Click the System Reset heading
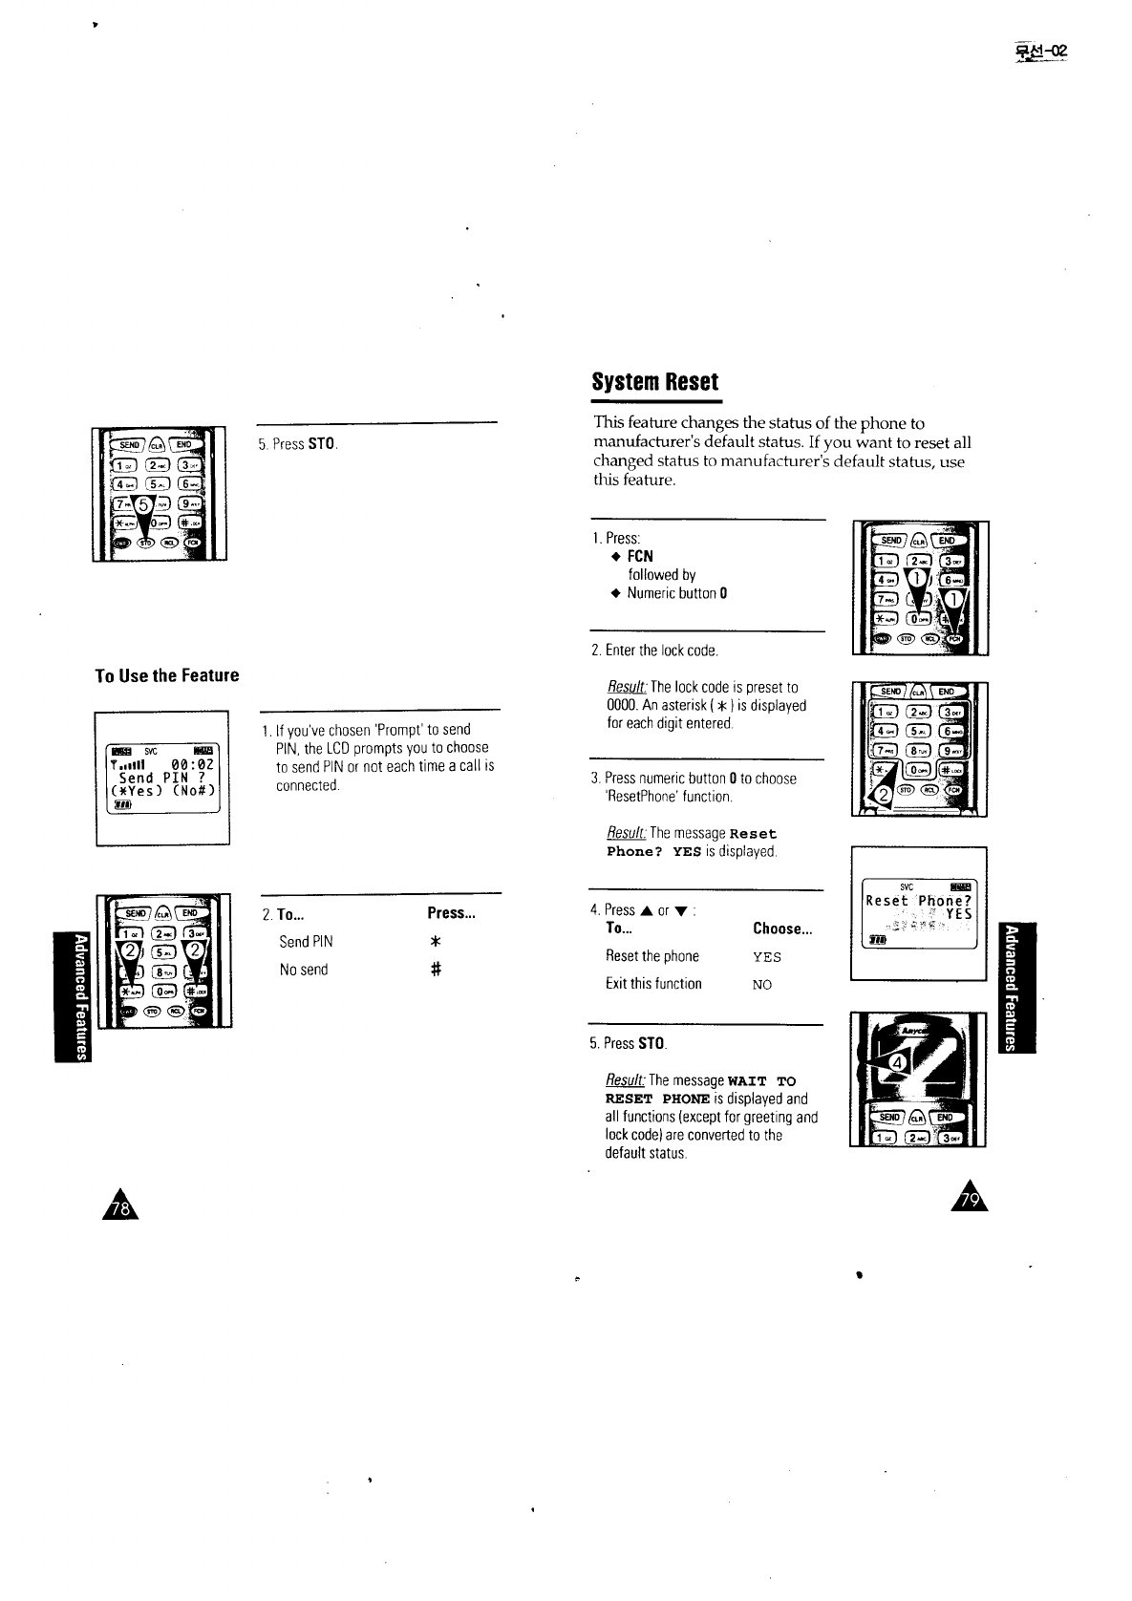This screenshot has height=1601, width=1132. coord(654,382)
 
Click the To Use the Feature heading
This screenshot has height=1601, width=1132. coord(167,675)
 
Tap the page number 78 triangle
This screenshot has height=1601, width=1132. coord(121,1208)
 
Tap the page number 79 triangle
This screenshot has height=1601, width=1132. coord(971,1199)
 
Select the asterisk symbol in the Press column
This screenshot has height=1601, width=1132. coord(435,942)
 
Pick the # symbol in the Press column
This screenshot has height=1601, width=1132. coord(435,970)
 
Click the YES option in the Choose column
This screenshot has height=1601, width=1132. coord(766,957)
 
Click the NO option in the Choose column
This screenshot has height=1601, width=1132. coord(761,984)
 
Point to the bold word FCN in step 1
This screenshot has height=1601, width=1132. coord(640,556)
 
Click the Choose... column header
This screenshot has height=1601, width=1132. coord(781,929)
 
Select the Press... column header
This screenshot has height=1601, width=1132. coord(451,913)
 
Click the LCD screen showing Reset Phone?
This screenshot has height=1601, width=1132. coord(919,913)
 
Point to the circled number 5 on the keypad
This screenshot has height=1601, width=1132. coord(146,503)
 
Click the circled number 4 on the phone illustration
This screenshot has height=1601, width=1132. coord(897,1064)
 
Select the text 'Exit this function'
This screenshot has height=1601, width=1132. coord(653,984)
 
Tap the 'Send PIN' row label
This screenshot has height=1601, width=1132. coord(306,942)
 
